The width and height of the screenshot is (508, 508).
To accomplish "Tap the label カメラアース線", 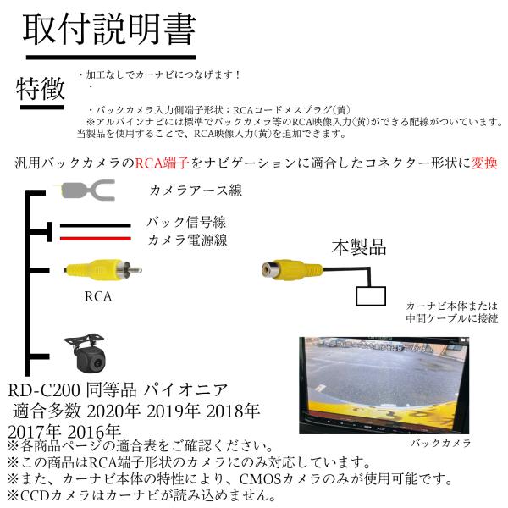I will pyautogui.click(x=195, y=190).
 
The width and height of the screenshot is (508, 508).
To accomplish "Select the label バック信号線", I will pyautogui.click(x=186, y=223).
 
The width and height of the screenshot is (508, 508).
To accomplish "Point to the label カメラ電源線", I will pyautogui.click(x=186, y=240).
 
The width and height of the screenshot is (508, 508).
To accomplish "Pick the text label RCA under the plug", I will pyautogui.click(x=98, y=297).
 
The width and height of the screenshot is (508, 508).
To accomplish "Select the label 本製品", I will pyautogui.click(x=358, y=248).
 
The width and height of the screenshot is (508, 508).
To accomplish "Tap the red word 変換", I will pyautogui.click(x=480, y=162).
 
